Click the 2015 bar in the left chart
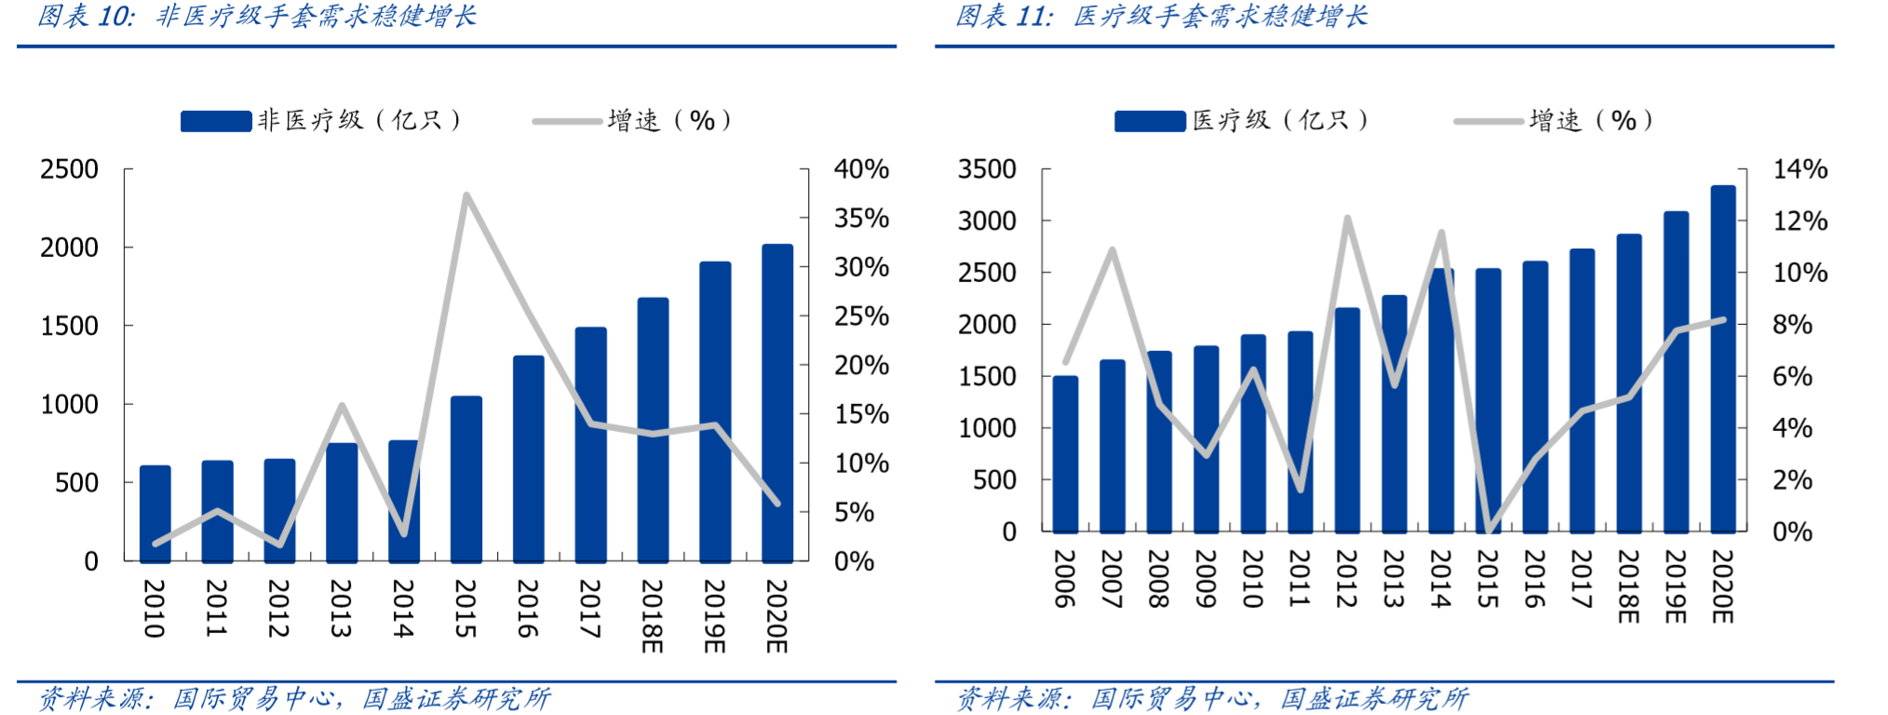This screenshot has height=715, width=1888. (465, 479)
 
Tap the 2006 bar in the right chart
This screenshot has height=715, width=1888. (1065, 453)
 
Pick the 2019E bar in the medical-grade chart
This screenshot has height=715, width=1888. (1676, 372)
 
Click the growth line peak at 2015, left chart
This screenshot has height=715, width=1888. (465, 196)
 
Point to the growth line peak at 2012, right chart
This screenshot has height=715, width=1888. (1347, 219)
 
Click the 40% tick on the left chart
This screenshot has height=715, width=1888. (861, 169)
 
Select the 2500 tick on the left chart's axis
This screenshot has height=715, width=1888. (69, 169)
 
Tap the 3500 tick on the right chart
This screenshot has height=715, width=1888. (987, 169)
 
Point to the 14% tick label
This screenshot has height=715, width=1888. (1800, 169)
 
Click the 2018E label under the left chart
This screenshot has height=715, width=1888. (652, 615)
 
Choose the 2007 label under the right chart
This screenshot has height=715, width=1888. (1112, 578)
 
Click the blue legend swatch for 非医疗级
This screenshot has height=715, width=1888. (216, 121)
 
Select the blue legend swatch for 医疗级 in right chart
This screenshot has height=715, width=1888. (1150, 121)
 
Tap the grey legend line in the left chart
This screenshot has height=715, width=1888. (567, 121)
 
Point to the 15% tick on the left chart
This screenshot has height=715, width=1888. (861, 414)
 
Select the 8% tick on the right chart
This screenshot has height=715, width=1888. (1792, 325)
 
